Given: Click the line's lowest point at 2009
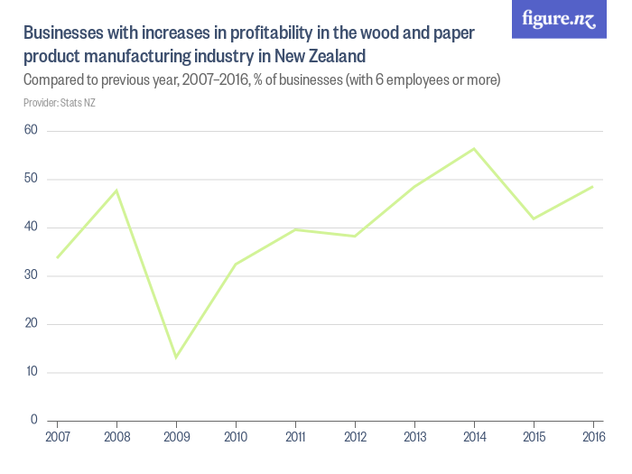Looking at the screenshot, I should point(176,358).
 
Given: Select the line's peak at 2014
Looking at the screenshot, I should point(474,149).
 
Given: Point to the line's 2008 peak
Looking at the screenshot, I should point(116,191).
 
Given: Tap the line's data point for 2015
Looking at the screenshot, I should point(534,218).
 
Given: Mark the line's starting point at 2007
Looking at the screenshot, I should point(57,258).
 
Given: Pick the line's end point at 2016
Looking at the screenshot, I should point(592,187).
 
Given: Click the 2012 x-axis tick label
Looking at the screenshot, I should point(355,438).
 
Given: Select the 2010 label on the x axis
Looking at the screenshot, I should point(236,438).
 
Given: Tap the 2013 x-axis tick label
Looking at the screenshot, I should point(414,438).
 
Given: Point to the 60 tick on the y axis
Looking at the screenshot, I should point(31,131).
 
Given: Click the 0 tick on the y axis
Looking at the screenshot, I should point(34,420).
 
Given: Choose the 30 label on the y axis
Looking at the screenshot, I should point(31,275).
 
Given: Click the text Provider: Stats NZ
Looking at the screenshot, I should point(60,103).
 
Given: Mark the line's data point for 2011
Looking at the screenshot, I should point(295,229).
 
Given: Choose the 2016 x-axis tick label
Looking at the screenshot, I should point(592,438).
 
